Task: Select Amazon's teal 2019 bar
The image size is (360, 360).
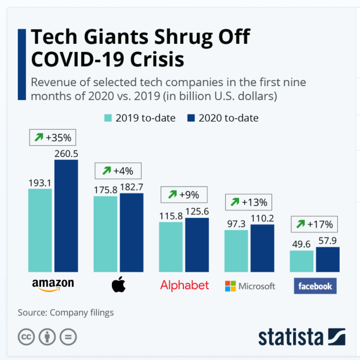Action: [x=40, y=230]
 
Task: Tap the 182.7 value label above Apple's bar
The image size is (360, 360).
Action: [x=131, y=187]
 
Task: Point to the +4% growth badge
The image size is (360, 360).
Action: [x=118, y=171]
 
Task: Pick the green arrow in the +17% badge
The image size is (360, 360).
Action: [x=300, y=225]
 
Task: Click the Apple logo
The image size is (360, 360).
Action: [x=118, y=285]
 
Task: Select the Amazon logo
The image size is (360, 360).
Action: [x=53, y=285]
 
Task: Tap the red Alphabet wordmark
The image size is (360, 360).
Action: [x=184, y=285]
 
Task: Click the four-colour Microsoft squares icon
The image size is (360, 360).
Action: [x=230, y=286]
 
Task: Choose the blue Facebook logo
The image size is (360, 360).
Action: [x=315, y=286]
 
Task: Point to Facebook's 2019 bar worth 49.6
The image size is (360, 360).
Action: [x=301, y=261]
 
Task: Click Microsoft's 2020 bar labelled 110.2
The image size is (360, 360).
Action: [x=262, y=248]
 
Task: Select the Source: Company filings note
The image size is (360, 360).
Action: [x=65, y=313]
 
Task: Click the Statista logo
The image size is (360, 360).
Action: [x=301, y=337]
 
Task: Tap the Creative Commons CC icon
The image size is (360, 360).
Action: [x=26, y=337]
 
